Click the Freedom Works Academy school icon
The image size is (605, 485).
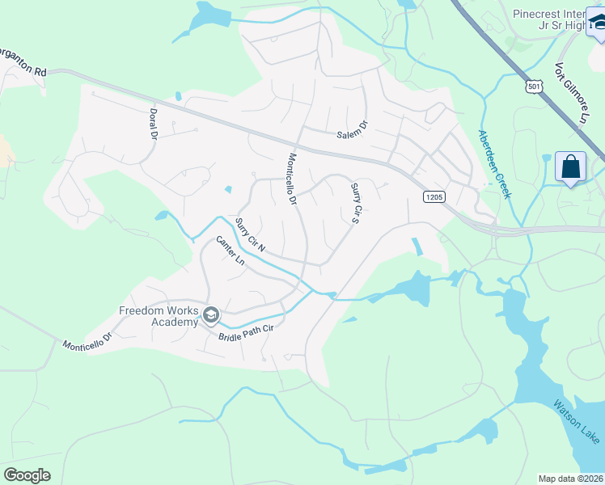[211, 314]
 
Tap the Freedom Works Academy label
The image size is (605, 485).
[159, 316]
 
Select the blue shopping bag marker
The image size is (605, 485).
[571, 167]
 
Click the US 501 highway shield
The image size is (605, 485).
[533, 86]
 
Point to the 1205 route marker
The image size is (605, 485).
[434, 196]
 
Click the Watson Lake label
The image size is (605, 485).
[577, 420]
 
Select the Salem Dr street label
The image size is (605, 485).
[353, 129]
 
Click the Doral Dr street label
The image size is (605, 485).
[153, 124]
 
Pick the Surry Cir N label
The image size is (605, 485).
[250, 234]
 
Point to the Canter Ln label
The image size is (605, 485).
[230, 251]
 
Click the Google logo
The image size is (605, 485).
[27, 474]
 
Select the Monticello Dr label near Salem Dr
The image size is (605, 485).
[292, 178]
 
